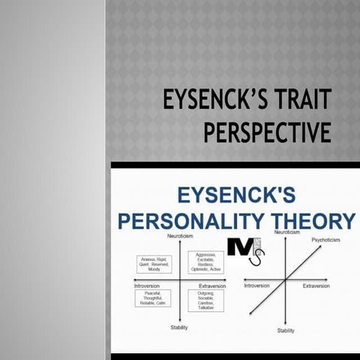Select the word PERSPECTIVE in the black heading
[x=267, y=132]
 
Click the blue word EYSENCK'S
[x=235, y=196]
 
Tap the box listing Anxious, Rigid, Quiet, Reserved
[x=154, y=264]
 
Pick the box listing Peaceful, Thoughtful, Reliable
[x=154, y=298]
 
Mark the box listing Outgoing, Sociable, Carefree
[x=204, y=298]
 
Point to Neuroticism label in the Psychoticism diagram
[x=287, y=232]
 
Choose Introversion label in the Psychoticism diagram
[x=256, y=286]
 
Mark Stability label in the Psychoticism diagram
[x=286, y=330]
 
